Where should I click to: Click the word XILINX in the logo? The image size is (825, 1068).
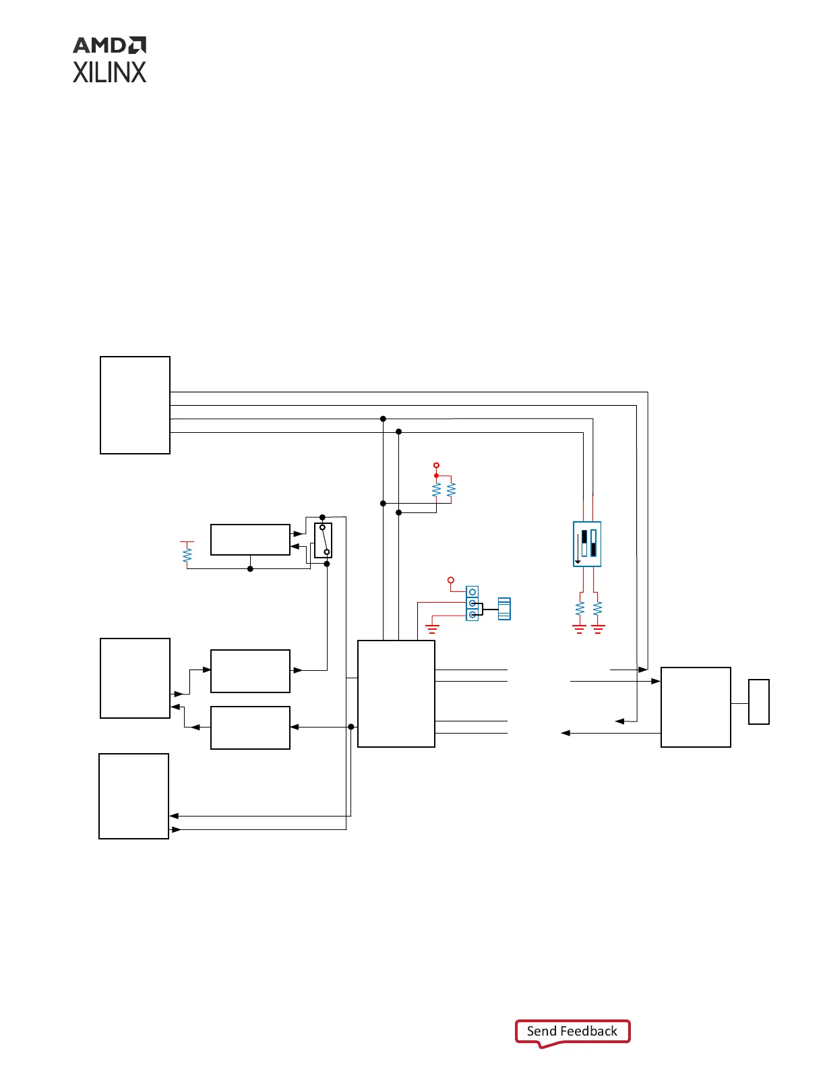109,73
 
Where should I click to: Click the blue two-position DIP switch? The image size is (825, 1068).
587,543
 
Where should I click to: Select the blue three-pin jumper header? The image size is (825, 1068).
472,603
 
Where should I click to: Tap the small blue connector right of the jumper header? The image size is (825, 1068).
504,608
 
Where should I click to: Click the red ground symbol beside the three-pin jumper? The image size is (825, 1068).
432,628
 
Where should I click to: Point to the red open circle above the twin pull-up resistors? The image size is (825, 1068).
436,465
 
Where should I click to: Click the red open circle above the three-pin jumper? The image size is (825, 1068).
451,580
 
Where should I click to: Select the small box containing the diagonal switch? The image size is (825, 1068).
324,540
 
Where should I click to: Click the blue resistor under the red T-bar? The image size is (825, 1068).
187,555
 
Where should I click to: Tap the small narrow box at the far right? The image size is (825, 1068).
759,702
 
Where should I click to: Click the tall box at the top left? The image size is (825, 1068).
135,405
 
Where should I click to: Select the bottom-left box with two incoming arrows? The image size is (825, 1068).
133,796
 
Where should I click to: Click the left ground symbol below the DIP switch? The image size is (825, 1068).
579,628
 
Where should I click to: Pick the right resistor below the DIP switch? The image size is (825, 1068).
598,608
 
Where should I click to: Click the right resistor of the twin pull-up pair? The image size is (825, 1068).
451,489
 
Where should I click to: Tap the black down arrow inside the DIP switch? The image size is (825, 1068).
578,561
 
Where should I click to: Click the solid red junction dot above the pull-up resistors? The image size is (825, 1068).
436,475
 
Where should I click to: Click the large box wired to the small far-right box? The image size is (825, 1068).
696,707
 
